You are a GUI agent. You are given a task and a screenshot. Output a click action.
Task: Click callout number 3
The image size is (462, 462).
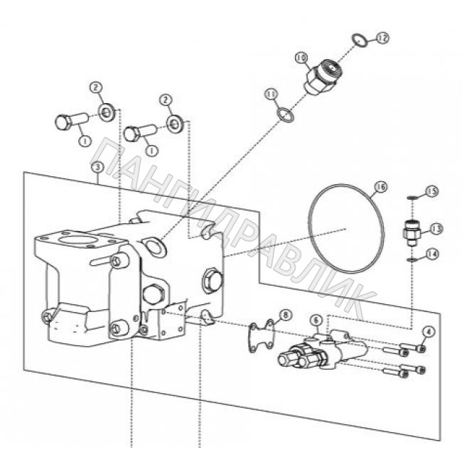(x=98, y=167)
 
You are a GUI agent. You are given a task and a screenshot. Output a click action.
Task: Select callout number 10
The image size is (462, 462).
(x=301, y=58)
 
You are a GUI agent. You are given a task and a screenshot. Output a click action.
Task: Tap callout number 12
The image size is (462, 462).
(x=382, y=38)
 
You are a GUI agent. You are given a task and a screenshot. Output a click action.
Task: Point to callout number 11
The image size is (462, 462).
(x=271, y=95)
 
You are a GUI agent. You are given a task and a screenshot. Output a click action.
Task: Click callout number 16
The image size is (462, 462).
(x=380, y=187)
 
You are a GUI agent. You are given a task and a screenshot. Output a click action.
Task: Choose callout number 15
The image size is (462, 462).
(x=431, y=191)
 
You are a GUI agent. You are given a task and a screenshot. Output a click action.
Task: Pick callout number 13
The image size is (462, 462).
(x=436, y=229)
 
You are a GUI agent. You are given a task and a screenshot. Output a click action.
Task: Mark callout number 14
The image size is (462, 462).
(x=431, y=254)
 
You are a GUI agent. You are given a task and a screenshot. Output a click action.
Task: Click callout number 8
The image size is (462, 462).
(x=285, y=315)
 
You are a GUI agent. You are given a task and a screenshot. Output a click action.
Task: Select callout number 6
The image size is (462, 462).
(x=316, y=321)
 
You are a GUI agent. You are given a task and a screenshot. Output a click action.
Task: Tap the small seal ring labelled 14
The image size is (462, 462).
(x=410, y=260)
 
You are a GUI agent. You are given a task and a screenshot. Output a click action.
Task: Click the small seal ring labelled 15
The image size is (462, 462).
(x=410, y=198)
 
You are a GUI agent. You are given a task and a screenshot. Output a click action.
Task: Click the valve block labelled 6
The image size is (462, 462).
(x=323, y=351)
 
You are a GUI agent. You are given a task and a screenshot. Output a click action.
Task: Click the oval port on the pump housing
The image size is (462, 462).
(x=154, y=246)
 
